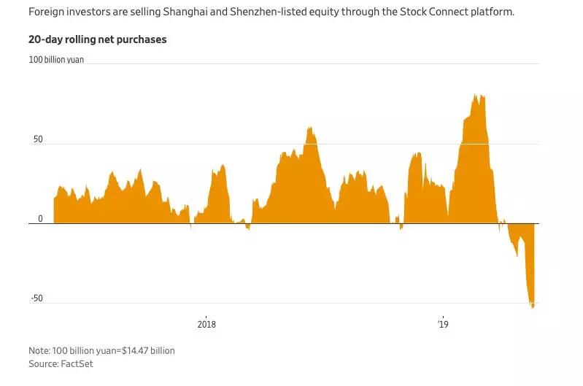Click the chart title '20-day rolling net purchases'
[x=98, y=39]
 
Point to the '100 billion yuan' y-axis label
[x=56, y=60]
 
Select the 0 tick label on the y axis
[x=40, y=218]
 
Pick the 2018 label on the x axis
[x=207, y=324]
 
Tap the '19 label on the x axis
[x=442, y=324]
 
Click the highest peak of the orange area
[x=475, y=94]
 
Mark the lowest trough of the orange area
[x=532, y=307]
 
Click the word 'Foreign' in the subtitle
[x=47, y=12]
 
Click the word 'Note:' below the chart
[x=41, y=350]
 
